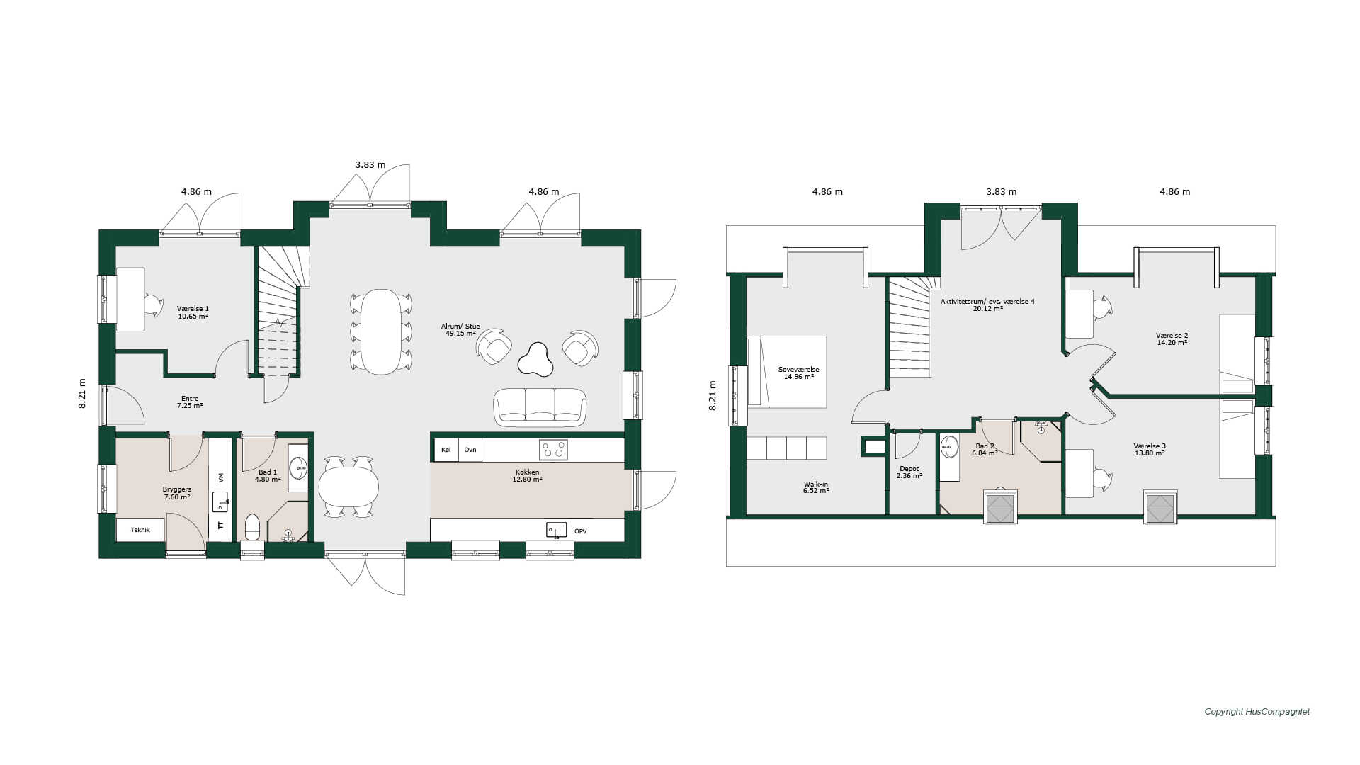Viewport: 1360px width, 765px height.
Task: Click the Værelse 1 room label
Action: point(193,312)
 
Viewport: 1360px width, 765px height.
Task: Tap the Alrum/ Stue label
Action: point(460,329)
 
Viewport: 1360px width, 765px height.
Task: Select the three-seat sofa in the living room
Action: point(540,407)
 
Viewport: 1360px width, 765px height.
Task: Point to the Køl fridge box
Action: point(446,450)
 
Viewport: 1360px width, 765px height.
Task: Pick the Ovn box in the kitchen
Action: point(470,450)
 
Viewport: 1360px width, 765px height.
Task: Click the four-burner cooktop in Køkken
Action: point(553,450)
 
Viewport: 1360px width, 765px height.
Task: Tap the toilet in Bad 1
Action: point(253,528)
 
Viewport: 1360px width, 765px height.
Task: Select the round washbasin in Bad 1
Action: point(298,468)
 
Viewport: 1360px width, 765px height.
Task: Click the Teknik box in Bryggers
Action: point(140,530)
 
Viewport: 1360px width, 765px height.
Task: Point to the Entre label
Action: point(190,402)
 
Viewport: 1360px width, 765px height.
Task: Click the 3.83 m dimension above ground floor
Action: point(370,165)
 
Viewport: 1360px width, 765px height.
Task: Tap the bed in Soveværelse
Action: point(788,372)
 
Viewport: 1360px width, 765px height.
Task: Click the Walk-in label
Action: point(816,487)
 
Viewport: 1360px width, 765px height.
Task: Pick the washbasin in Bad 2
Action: point(949,447)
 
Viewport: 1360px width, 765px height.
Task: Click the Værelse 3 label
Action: point(1150,450)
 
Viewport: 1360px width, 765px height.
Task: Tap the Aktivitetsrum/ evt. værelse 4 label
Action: point(987,305)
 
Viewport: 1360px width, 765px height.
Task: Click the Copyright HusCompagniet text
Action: point(1257,712)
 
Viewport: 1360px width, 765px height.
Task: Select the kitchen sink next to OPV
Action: point(556,530)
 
